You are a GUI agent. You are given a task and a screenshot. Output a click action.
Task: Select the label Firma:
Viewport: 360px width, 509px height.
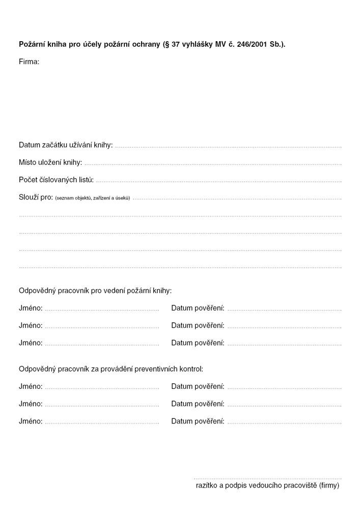click(x=29, y=62)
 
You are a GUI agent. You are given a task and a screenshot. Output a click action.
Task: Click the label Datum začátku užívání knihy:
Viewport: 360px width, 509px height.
click(x=66, y=145)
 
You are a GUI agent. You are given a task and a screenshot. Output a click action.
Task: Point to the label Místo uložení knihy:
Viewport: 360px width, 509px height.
click(x=50, y=163)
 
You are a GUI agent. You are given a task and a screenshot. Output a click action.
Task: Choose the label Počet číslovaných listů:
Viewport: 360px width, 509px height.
click(x=57, y=180)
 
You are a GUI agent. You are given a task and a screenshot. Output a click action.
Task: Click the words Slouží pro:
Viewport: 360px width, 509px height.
click(x=36, y=197)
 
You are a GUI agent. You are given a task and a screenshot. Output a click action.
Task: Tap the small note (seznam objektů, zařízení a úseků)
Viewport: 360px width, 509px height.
click(x=92, y=198)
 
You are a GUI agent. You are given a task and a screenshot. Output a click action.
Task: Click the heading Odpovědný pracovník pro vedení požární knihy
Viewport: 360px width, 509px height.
click(x=95, y=291)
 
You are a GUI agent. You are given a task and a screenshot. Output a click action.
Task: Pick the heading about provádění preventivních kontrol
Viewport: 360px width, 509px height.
click(x=110, y=369)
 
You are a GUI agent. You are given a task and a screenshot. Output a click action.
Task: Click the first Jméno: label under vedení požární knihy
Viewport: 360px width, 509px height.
click(x=31, y=308)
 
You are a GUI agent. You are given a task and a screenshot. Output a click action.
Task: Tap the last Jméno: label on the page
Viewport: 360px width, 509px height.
click(x=31, y=421)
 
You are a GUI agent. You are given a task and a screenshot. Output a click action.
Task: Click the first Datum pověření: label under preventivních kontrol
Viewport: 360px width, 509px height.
click(x=198, y=387)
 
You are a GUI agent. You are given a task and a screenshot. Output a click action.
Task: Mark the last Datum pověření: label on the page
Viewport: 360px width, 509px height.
click(x=198, y=421)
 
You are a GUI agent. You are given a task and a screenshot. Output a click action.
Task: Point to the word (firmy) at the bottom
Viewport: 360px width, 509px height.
click(x=329, y=486)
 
